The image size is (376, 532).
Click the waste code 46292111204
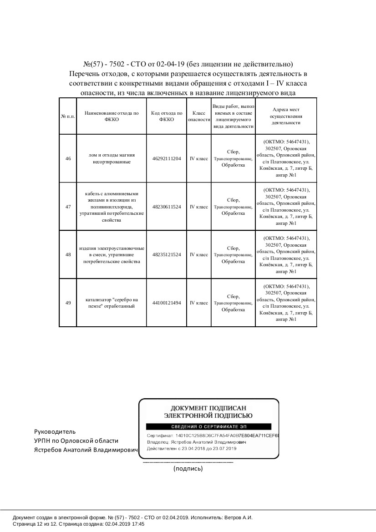point(167,159)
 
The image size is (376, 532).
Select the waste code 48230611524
point(167,207)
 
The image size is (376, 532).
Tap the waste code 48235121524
point(167,255)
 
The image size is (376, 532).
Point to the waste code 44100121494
point(167,303)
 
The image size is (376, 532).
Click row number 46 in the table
point(68,159)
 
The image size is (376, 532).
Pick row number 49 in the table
point(68,303)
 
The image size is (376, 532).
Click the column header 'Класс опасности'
point(198,116)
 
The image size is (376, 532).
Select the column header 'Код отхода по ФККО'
point(167,116)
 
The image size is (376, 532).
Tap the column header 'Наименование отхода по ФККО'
point(112,116)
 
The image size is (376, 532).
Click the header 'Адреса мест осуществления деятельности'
point(286,116)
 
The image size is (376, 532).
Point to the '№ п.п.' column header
point(68,117)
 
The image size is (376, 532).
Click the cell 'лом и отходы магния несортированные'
point(112,158)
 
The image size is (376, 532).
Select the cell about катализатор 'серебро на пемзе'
point(112,303)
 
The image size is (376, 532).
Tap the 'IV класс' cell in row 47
point(198,207)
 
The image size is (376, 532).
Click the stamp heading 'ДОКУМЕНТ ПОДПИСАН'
point(208,408)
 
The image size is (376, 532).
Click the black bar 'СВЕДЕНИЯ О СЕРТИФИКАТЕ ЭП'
point(208,427)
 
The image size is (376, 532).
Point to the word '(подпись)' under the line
point(188,468)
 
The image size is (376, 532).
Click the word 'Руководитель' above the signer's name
point(55,431)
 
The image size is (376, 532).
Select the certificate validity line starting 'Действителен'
point(192,449)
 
